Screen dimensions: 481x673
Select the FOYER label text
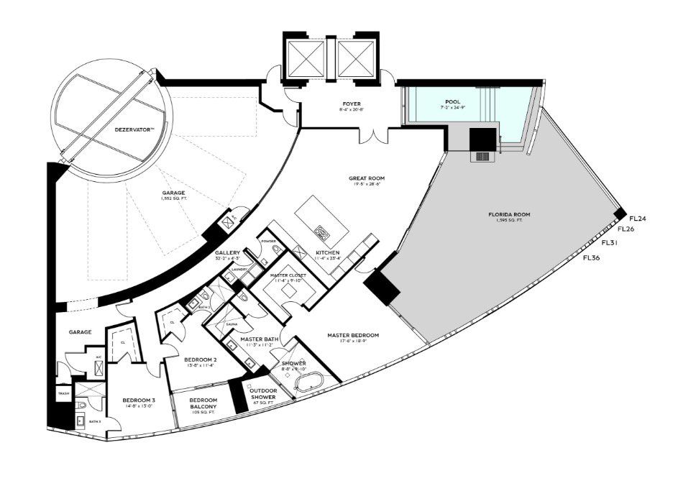pos(352,104)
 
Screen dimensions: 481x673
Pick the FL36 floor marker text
pos(592,257)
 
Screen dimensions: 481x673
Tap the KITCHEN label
pos(327,253)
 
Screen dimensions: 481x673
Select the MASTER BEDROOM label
pos(352,335)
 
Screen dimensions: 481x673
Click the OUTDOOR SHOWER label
pos(264,395)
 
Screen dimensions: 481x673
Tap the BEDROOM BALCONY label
pos(204,404)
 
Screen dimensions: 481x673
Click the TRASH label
pos(63,394)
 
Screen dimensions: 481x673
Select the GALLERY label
pos(227,254)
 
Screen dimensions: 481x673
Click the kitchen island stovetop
pos(321,232)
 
